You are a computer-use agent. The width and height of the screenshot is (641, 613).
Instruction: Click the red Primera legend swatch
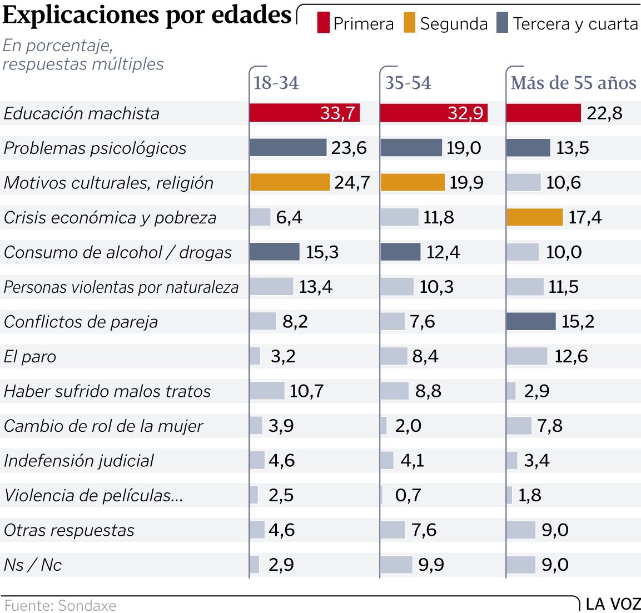323,23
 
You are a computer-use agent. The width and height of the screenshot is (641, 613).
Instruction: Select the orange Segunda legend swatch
410,23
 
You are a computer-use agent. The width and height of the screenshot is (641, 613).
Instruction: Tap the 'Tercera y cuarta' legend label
575,24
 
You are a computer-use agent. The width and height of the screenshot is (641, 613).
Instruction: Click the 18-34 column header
276,83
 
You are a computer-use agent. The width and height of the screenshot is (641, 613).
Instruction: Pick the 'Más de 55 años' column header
573,83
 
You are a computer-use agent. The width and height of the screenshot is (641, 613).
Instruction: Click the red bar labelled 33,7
304,113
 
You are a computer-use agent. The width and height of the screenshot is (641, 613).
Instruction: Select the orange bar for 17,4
534,217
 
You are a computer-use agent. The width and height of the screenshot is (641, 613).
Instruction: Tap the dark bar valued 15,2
531,321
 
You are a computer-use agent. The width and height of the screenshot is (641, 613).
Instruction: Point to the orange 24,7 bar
290,182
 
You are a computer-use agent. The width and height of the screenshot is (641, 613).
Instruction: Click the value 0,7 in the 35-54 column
408,495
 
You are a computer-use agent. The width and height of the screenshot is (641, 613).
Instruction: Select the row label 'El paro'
30,356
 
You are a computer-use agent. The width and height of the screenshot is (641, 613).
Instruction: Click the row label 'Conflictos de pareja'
81,322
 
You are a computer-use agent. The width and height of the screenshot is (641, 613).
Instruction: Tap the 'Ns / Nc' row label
33,565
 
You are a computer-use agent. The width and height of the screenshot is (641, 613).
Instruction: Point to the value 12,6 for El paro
571,356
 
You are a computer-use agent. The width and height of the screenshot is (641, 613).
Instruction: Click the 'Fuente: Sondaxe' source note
60,605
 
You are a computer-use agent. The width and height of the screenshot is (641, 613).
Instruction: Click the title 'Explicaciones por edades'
147,15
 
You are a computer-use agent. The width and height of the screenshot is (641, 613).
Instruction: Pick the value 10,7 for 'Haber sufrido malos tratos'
306,391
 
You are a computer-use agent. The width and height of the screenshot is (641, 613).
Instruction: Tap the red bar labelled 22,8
543,113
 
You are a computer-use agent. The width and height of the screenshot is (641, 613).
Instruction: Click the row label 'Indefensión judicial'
78,461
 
